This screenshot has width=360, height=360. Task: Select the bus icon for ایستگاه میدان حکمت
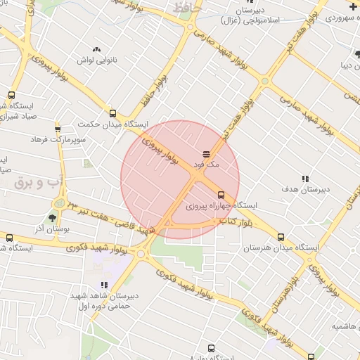pos(113,112)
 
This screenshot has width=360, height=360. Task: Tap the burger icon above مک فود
pos(207,153)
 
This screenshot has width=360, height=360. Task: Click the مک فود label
pos(210,164)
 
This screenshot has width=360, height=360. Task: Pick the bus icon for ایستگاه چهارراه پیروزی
pos(221,195)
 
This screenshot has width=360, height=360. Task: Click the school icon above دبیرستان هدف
pos(304,179)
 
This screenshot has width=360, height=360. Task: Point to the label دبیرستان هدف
pos(304,190)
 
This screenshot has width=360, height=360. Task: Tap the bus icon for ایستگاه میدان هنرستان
pos(281,237)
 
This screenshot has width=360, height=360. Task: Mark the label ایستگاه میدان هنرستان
pos(281,248)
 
